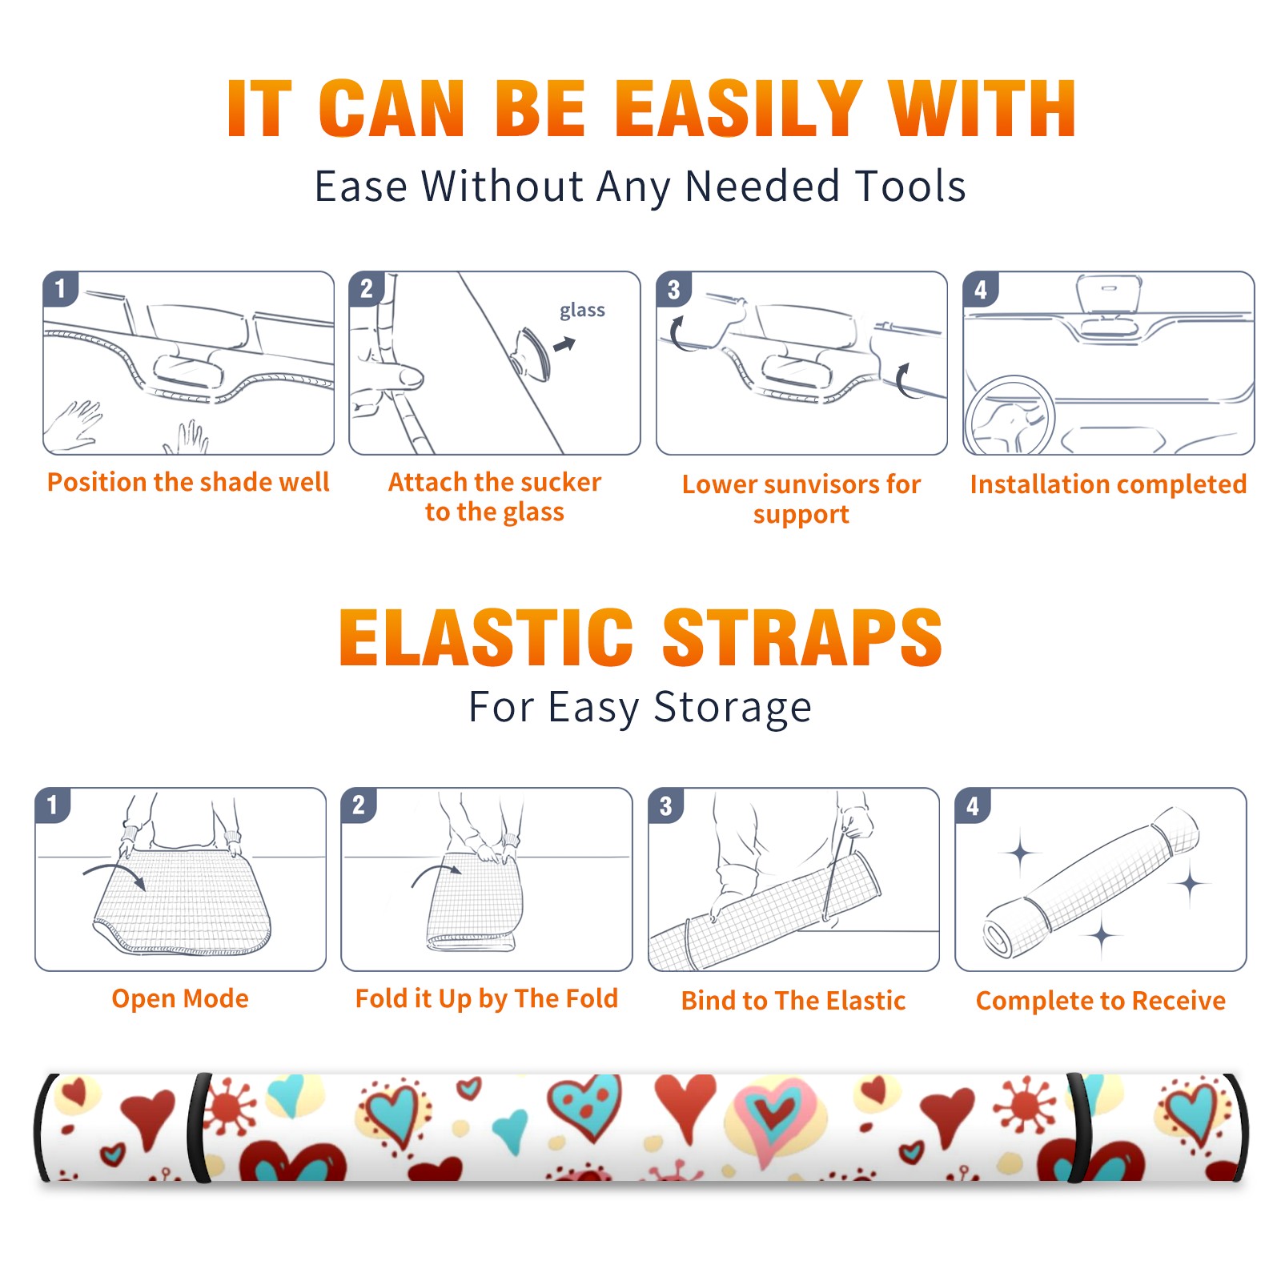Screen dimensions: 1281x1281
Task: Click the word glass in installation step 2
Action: coord(582,311)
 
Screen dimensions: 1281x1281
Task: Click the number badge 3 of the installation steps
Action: coord(673,290)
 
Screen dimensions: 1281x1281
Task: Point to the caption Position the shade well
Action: coord(188,482)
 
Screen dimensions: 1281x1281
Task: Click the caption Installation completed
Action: coord(1108,484)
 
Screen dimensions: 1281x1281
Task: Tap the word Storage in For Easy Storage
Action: coord(733,708)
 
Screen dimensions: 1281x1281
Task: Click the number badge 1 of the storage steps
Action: coord(53,805)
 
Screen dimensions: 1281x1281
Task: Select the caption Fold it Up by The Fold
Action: coord(487,998)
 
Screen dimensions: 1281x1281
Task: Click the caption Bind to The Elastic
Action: coord(793,1000)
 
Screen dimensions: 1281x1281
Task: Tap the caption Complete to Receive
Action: coord(1101,1000)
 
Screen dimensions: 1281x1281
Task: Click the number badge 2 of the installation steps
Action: coord(367,289)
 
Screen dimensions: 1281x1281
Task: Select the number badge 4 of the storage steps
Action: coord(973,805)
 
